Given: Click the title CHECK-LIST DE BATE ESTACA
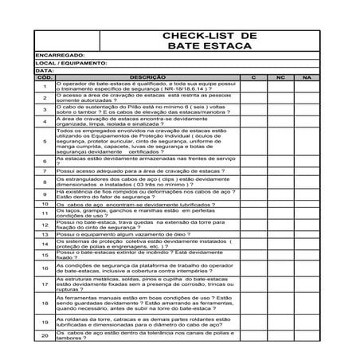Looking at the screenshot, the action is point(209,42).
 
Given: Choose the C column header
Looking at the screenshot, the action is point(252,77).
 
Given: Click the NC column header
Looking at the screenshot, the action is point(280,77).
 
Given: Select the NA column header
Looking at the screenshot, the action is point(307,77).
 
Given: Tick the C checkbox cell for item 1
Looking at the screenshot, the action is point(252,86).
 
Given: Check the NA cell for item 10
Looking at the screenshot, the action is point(307,204).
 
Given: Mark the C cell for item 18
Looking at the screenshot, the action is point(252,303).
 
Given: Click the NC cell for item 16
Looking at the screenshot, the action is point(280,268).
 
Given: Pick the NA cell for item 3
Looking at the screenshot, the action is point(307,109).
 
